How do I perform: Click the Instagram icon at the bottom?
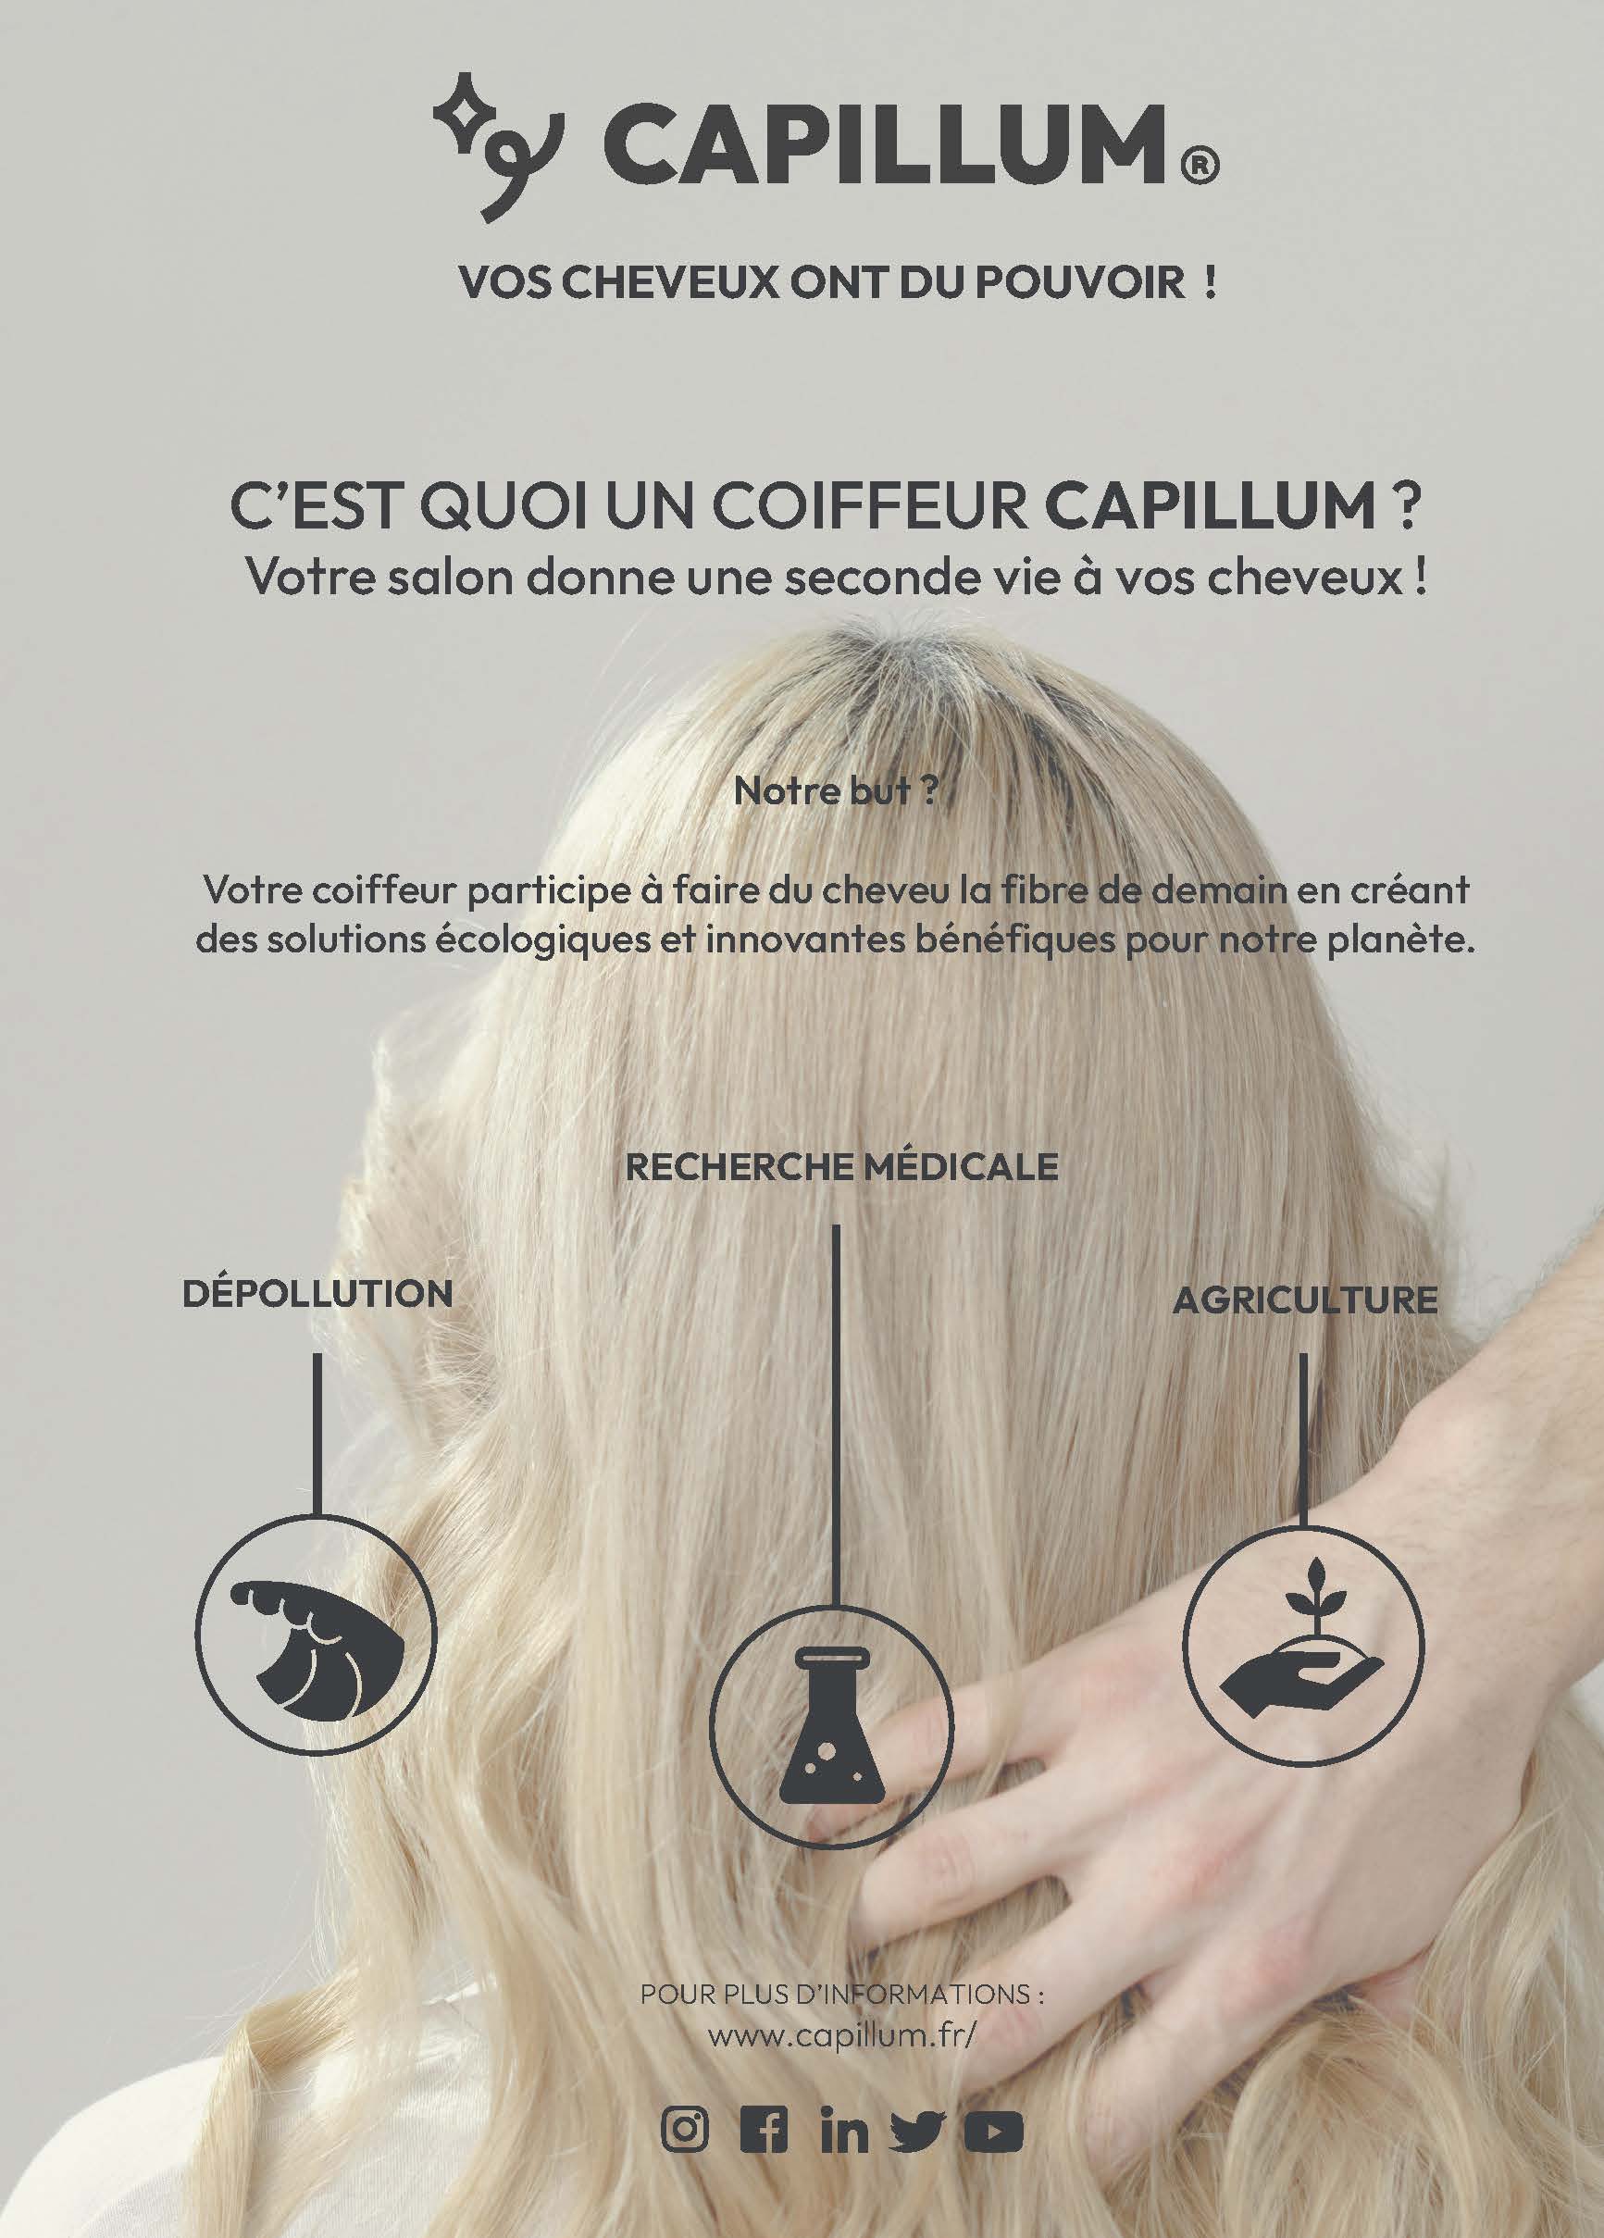[x=686, y=2130]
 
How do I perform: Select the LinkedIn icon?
[x=844, y=2130]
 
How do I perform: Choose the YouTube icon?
[x=994, y=2130]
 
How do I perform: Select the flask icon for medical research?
[x=832, y=1727]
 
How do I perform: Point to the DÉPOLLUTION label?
[x=317, y=1294]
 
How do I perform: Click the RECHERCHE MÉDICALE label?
[x=842, y=1167]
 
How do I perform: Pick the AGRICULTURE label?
[x=1304, y=1300]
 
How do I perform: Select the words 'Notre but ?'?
[x=835, y=792]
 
